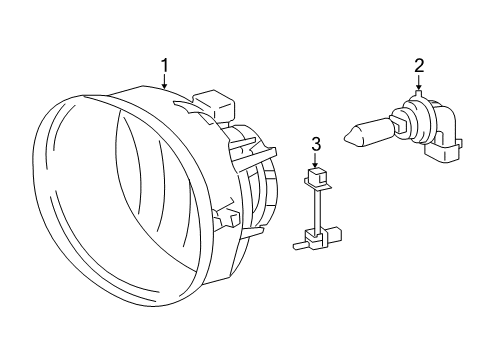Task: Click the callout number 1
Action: (164, 67)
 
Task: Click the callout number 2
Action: (419, 66)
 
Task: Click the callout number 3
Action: (316, 145)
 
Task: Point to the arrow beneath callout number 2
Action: (419, 83)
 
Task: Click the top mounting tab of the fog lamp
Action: (216, 105)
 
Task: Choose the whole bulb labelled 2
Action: (405, 128)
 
